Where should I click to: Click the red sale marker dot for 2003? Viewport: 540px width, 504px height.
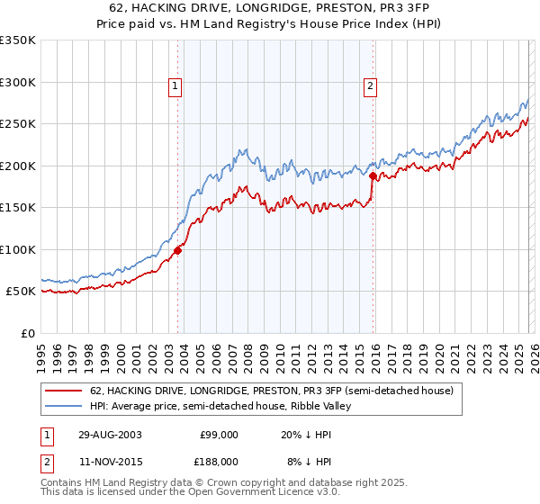tap(178, 250)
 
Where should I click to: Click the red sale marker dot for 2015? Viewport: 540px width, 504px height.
tap(373, 176)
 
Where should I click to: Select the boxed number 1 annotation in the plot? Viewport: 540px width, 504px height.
tap(175, 86)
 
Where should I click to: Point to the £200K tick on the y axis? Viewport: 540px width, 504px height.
tap(18, 166)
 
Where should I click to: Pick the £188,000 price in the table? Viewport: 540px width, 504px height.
tap(219, 461)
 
